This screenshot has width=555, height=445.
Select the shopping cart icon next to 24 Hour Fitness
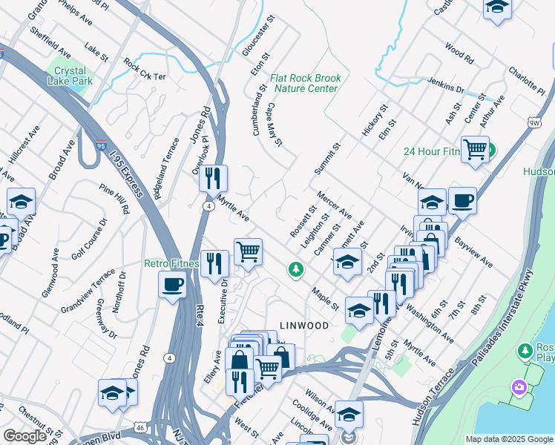coord(475,148)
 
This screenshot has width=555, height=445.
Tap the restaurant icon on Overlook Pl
coord(214,178)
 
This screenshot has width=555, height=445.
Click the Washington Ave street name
coord(430,320)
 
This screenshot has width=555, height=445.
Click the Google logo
coord(24,437)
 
